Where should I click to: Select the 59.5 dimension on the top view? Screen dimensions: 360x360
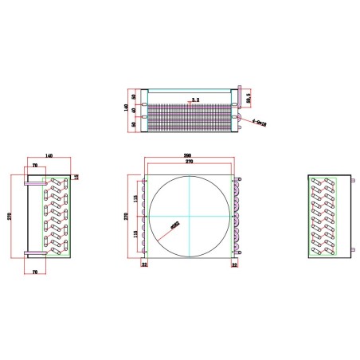248,100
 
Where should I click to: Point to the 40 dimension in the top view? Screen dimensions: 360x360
133,110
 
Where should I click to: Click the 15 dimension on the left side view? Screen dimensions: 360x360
77,177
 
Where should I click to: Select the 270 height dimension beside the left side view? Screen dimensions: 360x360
10,215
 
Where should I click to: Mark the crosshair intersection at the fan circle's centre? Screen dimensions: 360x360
189,215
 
